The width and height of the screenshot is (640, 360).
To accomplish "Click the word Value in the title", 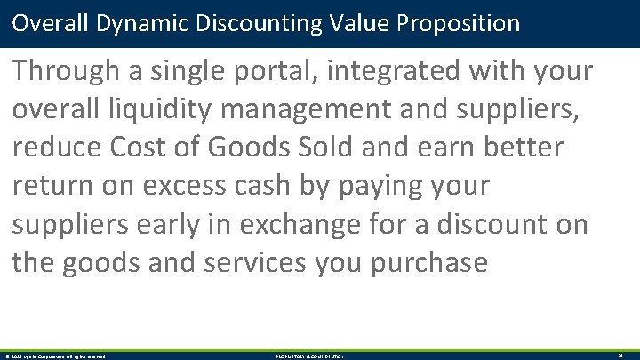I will (364, 22).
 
